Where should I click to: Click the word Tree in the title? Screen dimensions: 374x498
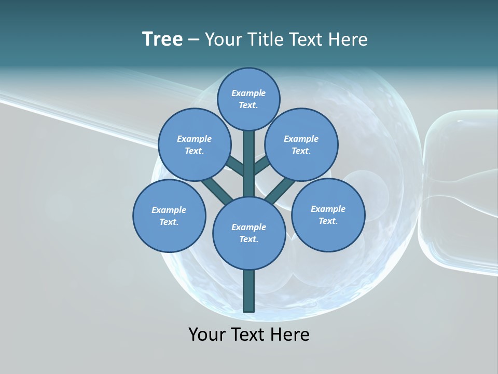coord(162,39)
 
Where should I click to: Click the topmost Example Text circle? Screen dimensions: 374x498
coord(248,99)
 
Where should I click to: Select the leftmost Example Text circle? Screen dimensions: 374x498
coord(169,216)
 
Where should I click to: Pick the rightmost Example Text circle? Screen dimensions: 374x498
coord(328,215)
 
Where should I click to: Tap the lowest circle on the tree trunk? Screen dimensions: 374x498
coord(249,233)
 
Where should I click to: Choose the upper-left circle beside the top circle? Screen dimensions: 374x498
coord(195,144)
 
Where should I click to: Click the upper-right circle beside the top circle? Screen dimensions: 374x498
coord(301,144)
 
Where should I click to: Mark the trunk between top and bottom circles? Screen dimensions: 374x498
coord(249,164)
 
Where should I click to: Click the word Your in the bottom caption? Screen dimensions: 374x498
coord(206,334)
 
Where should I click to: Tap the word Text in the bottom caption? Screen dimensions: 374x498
coord(249,334)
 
